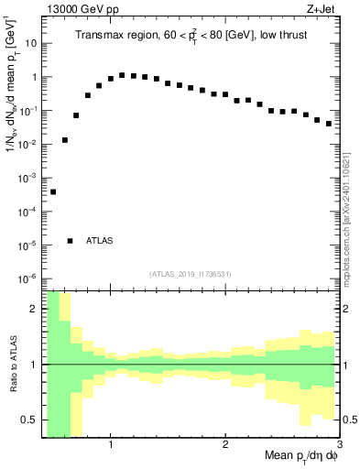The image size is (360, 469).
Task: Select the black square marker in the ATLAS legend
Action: tap(71, 241)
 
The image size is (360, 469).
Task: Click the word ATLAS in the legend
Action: tap(100, 241)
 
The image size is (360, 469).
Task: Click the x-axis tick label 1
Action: tap(111, 445)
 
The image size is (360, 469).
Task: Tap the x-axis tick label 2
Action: tap(225, 445)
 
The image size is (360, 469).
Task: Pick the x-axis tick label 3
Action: tap(338, 445)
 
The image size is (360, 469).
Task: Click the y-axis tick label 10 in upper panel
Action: tap(31, 43)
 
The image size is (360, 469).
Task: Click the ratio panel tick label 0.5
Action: tap(30, 420)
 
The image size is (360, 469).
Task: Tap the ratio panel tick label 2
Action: tap(35, 309)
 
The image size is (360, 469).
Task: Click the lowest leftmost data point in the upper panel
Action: tap(53, 191)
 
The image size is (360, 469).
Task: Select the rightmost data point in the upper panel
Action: tap(329, 124)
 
